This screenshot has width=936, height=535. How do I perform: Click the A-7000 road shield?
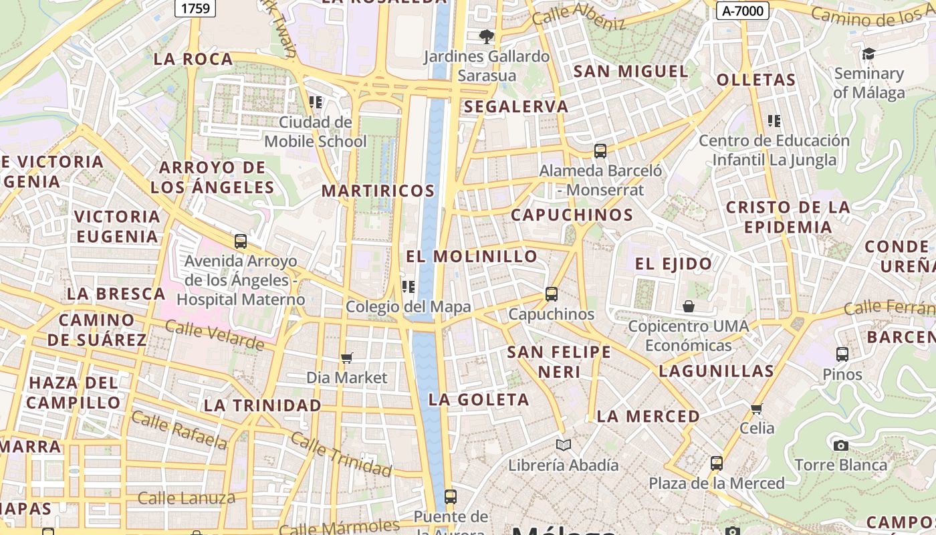(x=743, y=10)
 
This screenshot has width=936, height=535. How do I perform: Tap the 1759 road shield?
(x=195, y=8)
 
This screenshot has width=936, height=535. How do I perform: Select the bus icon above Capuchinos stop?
(x=552, y=294)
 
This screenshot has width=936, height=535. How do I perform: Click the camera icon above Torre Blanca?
(x=840, y=445)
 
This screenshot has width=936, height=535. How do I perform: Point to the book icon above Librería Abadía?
(x=564, y=445)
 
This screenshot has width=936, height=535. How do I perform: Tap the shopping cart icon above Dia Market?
(x=346, y=358)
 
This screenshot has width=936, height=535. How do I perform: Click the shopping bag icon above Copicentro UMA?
(x=689, y=306)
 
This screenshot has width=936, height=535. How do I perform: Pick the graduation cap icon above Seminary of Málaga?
(x=868, y=53)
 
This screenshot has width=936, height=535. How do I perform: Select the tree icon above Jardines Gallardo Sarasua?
(x=486, y=36)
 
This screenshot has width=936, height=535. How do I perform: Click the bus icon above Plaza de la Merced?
(x=716, y=463)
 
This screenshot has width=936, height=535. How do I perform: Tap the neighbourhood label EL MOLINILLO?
(x=471, y=256)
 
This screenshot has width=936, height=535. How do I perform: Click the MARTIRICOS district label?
(x=378, y=191)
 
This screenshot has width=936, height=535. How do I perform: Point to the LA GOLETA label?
(x=479, y=400)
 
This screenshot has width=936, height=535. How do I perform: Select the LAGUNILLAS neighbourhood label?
(x=716, y=371)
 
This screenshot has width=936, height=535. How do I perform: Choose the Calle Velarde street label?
(x=214, y=335)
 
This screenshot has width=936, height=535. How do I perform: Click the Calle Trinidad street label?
(x=341, y=453)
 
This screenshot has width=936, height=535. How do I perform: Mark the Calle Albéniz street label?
(x=578, y=19)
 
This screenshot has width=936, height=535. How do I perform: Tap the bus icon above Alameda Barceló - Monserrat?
(x=600, y=150)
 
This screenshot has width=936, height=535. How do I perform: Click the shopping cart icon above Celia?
(x=757, y=409)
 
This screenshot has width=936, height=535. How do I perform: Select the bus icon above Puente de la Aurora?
(x=451, y=496)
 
